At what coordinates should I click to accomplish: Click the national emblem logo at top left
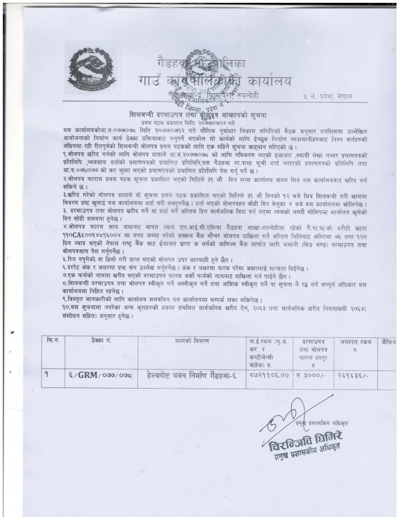[x=91, y=68]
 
